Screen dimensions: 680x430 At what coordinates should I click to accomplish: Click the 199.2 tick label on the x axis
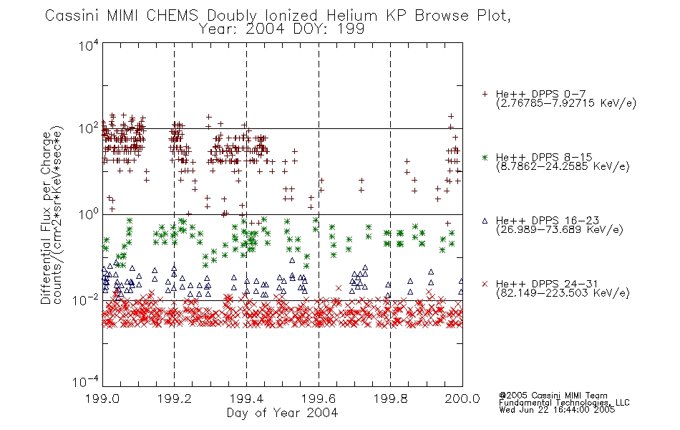tap(175, 398)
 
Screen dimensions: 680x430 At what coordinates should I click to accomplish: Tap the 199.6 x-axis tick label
tap(319, 398)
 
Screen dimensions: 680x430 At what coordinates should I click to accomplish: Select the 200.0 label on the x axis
tap(462, 398)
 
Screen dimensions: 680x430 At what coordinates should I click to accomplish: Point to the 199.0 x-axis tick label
tap(102, 398)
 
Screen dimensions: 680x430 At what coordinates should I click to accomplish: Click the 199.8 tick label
tap(390, 398)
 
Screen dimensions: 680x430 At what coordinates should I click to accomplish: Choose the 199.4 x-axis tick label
tap(247, 398)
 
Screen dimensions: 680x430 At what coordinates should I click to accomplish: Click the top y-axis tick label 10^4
tap(89, 45)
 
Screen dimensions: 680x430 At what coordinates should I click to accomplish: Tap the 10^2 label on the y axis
tap(89, 128)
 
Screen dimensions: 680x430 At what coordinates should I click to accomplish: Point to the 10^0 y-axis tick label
tap(89, 214)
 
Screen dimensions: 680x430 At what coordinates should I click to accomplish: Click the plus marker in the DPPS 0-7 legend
tap(485, 94)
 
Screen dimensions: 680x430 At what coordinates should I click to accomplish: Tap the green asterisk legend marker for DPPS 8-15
tap(485, 157)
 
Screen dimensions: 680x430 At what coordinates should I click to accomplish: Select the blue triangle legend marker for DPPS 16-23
tap(485, 221)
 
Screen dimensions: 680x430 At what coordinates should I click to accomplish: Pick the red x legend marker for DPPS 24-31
tap(485, 284)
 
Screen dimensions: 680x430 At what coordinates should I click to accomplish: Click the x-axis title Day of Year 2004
tap(282, 413)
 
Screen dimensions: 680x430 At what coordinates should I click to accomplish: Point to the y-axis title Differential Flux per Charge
tap(46, 218)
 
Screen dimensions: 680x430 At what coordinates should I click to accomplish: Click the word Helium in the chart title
tap(351, 15)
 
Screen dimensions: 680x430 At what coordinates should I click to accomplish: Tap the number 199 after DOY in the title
tap(352, 29)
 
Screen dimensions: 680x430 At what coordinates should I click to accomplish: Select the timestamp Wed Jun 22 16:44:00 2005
tap(557, 410)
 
